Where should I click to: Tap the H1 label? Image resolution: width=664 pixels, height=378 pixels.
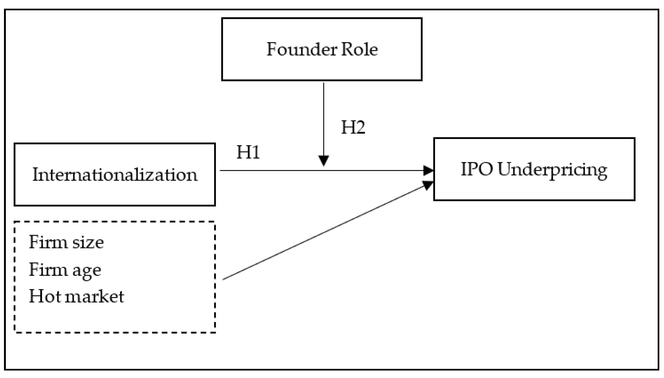coord(248,152)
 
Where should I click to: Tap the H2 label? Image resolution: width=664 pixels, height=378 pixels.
coord(353,127)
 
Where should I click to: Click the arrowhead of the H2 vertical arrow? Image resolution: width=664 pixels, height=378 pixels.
coord(324,160)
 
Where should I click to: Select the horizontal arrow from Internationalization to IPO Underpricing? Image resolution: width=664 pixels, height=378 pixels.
coord(272,171)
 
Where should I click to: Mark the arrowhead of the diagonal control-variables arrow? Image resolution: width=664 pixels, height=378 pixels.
coord(428,185)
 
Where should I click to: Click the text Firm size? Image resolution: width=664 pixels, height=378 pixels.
coord(66,242)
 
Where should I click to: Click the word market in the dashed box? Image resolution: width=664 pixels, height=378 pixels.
coord(95,296)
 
